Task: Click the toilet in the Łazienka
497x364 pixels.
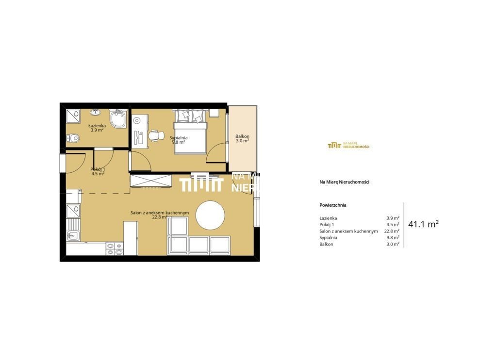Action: pyautogui.click(x=73, y=138)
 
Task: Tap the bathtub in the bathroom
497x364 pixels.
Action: pyautogui.click(x=118, y=118)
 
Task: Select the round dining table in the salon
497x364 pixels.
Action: pyautogui.click(x=210, y=215)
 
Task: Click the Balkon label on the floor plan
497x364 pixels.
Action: pyautogui.click(x=242, y=136)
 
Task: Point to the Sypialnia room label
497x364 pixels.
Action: pyautogui.click(x=179, y=138)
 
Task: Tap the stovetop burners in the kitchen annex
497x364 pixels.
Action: pyautogui.click(x=115, y=249)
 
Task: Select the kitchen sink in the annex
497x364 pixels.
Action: pyautogui.click(x=73, y=235)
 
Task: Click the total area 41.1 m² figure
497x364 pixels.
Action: pyautogui.click(x=423, y=224)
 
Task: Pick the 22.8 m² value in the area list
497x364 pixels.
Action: pyautogui.click(x=392, y=231)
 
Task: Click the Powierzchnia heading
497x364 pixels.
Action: pyautogui.click(x=333, y=205)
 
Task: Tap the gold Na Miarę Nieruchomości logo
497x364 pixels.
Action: pyautogui.click(x=348, y=146)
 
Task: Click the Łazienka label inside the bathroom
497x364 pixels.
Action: pyautogui.click(x=97, y=126)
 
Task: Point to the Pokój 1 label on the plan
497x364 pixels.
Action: pyautogui.click(x=98, y=169)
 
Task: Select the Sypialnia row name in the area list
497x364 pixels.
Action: pyautogui.click(x=329, y=237)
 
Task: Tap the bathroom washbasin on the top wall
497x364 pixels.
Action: pyautogui.click(x=96, y=112)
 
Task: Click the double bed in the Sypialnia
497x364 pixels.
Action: pyautogui.click(x=190, y=132)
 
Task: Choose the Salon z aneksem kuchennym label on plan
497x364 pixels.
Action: pyautogui.click(x=160, y=213)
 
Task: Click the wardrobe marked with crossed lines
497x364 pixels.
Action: pyautogui.click(x=151, y=181)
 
